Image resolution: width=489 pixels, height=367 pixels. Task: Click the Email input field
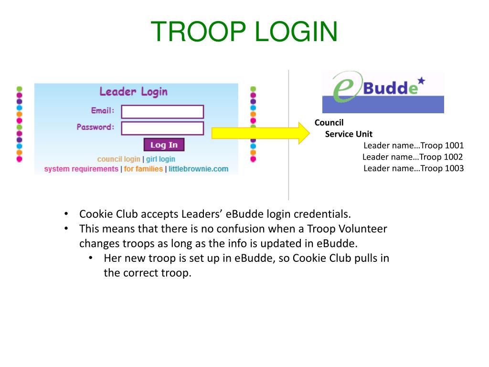pos(162,112)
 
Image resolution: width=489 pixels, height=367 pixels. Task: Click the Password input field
pos(162,128)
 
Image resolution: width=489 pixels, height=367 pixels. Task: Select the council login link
pos(118,159)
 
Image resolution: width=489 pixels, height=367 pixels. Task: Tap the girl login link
pos(160,159)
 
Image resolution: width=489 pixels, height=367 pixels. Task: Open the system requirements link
pos(81,169)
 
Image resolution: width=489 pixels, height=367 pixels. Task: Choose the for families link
pos(143,169)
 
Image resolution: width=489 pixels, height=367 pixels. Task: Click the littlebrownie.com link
pos(199,169)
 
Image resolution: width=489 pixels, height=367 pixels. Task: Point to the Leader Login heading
pos(134,91)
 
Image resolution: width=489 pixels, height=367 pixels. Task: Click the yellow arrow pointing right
pos(261,133)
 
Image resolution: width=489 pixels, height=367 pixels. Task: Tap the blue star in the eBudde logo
pos(421,81)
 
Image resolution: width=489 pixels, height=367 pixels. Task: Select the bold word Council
pos(329,123)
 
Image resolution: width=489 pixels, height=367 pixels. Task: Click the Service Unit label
pos(349,134)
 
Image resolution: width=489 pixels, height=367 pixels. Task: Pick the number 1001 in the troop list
pos(455,145)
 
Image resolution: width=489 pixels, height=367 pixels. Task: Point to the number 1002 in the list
pos(454,157)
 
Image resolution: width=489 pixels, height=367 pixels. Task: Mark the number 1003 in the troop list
pos(455,169)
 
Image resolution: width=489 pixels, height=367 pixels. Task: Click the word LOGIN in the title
pos(296,32)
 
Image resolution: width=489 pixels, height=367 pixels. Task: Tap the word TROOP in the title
pos(198,32)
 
